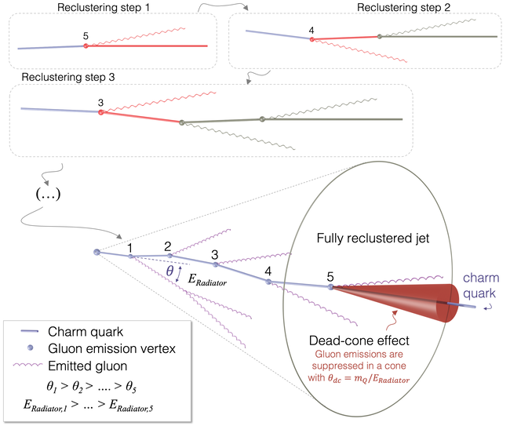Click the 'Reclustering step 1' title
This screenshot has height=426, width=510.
tap(104, 8)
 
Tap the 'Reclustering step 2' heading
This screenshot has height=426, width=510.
tap(403, 8)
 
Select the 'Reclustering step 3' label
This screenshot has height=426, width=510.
tap(68, 78)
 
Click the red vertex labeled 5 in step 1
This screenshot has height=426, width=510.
tap(86, 46)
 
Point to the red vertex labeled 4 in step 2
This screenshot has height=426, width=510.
tap(312, 39)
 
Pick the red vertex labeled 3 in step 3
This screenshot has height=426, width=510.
tap(101, 112)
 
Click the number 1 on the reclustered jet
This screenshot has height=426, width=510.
tap(130, 248)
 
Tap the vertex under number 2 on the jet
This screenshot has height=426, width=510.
tap(169, 256)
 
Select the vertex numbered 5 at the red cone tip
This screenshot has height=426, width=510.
tap(331, 287)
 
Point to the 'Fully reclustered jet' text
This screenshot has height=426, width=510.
tap(373, 238)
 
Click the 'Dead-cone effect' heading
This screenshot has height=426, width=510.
tap(359, 340)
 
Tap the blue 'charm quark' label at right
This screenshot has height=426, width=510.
tap(481, 286)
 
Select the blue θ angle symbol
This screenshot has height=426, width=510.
tap(169, 271)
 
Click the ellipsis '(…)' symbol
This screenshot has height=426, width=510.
tap(48, 194)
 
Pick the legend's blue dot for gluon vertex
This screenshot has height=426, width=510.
tap(31, 348)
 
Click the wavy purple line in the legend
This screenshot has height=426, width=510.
tap(27, 365)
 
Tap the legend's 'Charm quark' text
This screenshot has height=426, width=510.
tap(86, 332)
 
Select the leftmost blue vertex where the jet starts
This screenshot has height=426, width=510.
tap(97, 252)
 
